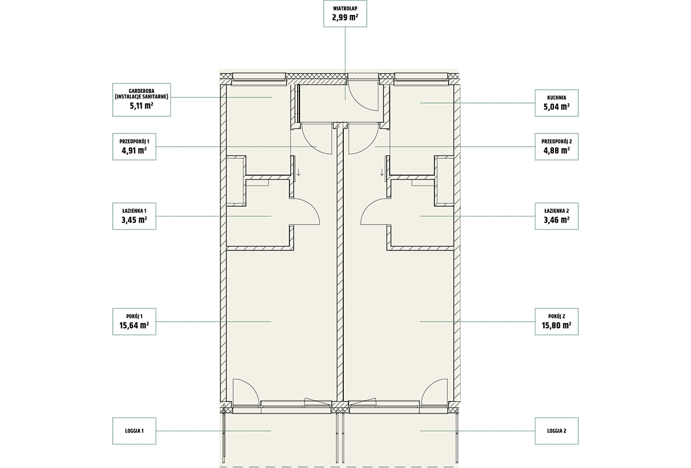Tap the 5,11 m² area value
(142, 106)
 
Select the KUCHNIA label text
(556, 98)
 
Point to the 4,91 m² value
(134, 150)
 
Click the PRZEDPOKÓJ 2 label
(556, 142)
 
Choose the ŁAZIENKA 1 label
(134, 211)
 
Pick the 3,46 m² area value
(556, 220)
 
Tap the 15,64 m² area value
(134, 325)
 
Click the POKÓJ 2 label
(556, 316)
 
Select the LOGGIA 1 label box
(134, 431)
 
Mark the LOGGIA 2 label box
(556, 431)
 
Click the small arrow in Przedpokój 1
(298, 172)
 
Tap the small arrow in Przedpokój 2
(382, 172)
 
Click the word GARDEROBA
(142, 92)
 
